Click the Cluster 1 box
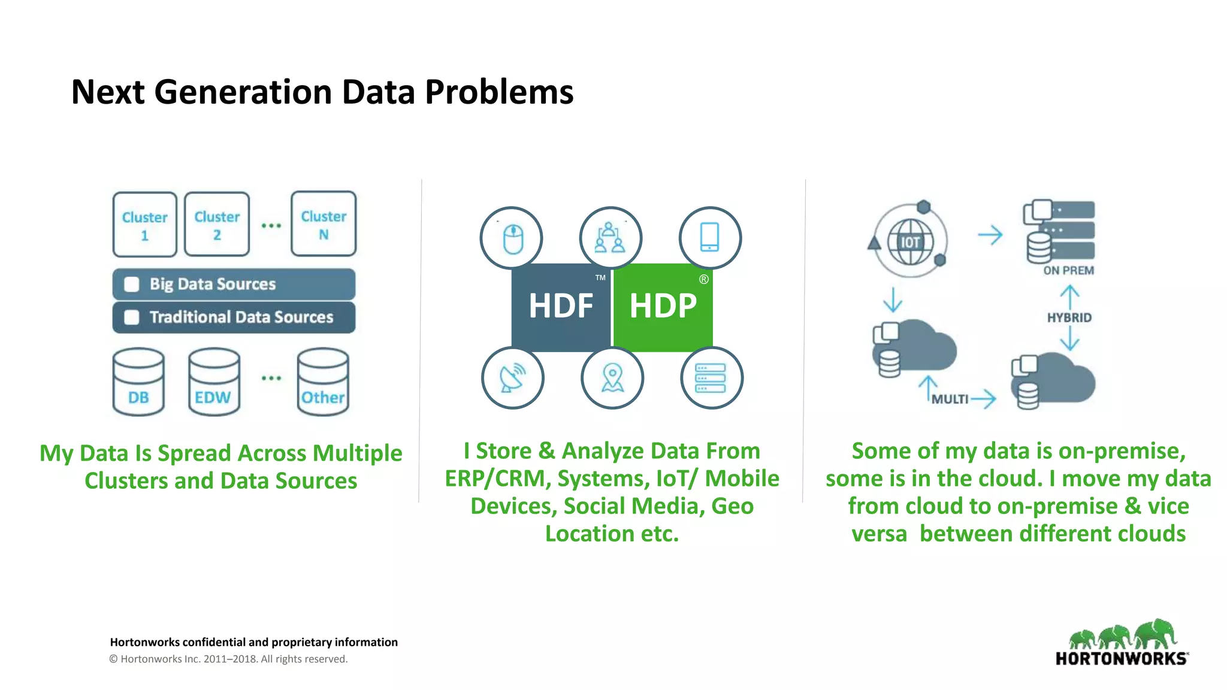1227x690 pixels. tap(144, 225)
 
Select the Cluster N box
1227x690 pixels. tap(324, 224)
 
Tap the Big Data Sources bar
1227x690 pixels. tap(234, 284)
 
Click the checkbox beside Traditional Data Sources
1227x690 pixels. tap(132, 317)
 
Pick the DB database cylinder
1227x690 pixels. tap(138, 382)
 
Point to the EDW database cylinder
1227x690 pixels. tap(213, 382)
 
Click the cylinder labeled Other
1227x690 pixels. tap(323, 382)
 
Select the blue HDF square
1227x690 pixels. tap(561, 307)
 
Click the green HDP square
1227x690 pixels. tap(663, 307)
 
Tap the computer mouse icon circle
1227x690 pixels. tap(512, 238)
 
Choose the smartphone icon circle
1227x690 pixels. tap(710, 238)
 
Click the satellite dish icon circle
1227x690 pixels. tap(513, 378)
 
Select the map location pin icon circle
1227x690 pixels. tap(612, 378)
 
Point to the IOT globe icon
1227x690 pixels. tap(910, 242)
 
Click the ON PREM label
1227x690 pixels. tap(1068, 271)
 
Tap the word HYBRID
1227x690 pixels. tap(1069, 317)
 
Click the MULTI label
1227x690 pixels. tap(950, 399)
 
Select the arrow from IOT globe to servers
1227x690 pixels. tap(990, 235)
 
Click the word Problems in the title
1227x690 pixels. tap(499, 92)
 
